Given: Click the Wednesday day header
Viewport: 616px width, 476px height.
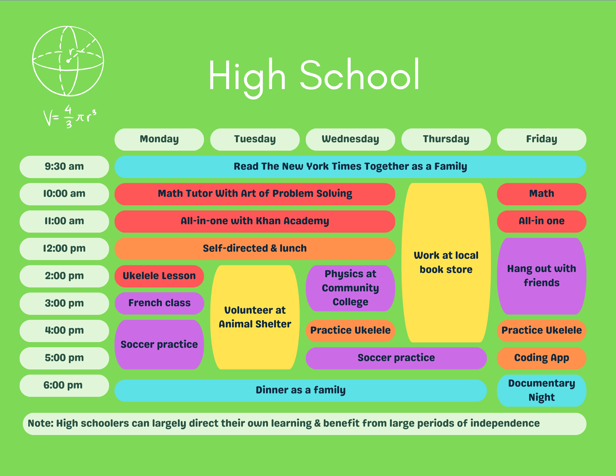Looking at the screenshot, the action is coord(350,139).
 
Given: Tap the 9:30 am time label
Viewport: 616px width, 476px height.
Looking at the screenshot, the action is coord(64,167).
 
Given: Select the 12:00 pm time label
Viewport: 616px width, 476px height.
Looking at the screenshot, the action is coord(64,249).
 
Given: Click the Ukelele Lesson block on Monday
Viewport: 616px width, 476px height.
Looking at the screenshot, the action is coord(159,276).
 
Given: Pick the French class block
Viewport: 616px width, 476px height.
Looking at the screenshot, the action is coord(159,303).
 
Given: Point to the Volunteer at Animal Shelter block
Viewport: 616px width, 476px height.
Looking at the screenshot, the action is coord(255,317).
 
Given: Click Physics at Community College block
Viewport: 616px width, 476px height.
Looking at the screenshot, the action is coord(350,288).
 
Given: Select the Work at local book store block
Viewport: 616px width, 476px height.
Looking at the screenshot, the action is coord(446,262).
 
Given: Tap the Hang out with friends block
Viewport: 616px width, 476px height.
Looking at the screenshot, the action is coord(541,276).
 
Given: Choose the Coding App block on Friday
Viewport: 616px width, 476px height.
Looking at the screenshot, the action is coord(541,358).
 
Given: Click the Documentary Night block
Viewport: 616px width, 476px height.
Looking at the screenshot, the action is coord(541,390).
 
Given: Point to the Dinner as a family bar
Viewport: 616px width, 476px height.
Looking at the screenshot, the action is coord(301,390).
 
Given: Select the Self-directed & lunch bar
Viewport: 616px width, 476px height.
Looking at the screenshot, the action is coord(255,249).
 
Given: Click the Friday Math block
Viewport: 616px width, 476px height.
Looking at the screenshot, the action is coord(541,194).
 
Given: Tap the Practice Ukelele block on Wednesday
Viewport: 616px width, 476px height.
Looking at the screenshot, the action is coord(350,331).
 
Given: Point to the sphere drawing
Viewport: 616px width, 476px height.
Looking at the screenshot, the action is coord(68,61).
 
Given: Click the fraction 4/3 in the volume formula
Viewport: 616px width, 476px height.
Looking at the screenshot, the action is coord(68,116).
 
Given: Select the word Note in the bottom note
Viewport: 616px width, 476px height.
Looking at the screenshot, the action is coord(40,423).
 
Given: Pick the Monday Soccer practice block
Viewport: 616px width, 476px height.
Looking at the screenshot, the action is coord(159,344).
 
